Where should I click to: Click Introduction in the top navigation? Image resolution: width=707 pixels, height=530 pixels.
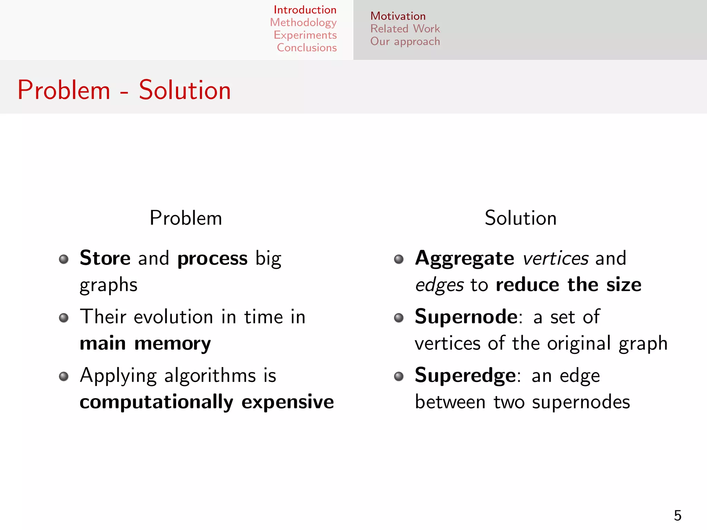pos(305,10)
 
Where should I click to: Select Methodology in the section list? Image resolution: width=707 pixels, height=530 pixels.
pos(303,22)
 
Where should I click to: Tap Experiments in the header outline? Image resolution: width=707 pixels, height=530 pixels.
pos(305,35)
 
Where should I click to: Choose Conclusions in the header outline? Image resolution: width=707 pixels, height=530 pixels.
pos(307,48)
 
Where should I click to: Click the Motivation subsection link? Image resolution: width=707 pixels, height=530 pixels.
pos(398,16)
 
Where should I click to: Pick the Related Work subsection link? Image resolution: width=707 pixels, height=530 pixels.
pos(405,29)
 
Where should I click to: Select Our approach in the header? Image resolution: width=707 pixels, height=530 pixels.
pos(405,41)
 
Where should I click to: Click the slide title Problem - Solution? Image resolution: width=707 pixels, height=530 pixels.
pos(124,90)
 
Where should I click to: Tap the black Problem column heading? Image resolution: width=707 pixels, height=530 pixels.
pos(186,218)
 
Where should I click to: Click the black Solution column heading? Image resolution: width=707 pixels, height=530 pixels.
pos(521,218)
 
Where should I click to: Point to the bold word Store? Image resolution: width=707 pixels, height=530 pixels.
pos(105,258)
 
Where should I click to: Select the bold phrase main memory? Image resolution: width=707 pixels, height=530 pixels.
pos(145,344)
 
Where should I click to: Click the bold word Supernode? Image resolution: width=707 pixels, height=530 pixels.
pos(466,316)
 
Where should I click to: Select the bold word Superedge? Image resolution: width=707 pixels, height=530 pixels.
pos(465,375)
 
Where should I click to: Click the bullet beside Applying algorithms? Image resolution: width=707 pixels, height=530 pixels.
pos(64,376)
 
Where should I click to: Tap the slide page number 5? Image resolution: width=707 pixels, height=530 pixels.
pos(677,516)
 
